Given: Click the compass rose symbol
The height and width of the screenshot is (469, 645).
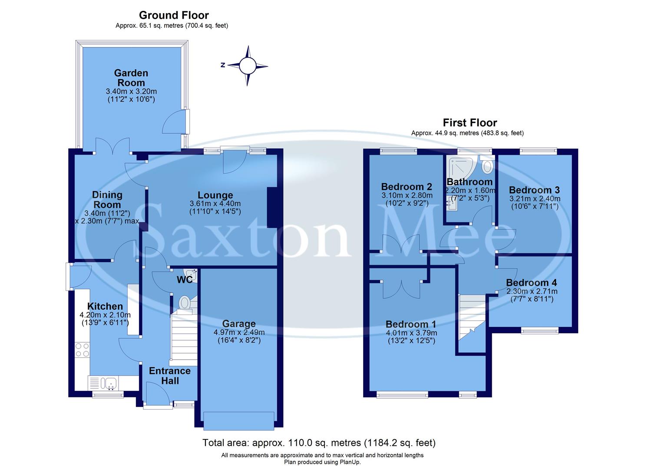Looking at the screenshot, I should tap(248, 66).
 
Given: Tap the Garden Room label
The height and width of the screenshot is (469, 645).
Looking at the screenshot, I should tap(131, 78).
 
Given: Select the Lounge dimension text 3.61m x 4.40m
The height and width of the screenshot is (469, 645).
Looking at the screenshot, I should tap(215, 204).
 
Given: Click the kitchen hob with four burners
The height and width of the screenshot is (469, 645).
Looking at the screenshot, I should tap(83, 350).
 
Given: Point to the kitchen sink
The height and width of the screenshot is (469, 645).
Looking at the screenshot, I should tap(109, 383).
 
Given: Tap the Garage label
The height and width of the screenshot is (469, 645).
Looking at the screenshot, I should tap(239, 324).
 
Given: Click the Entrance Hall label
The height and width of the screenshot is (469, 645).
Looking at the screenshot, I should tap(170, 376).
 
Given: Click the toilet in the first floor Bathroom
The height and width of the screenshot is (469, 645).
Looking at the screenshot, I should tap(487, 166).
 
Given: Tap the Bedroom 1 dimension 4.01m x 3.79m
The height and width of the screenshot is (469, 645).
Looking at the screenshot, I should tap(411, 333).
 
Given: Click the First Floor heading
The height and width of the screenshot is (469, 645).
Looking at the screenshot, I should tap(470, 122).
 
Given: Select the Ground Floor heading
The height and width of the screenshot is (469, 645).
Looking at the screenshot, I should tap(174, 16).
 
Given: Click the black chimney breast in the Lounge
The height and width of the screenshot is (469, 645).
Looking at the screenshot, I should tap(272, 207).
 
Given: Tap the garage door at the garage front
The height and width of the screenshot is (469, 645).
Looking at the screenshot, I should tap(239, 420).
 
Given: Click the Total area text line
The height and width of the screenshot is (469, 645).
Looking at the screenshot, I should tap(319, 443).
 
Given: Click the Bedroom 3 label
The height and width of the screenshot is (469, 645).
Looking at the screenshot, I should tap(534, 190).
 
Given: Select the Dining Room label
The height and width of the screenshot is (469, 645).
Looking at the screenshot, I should tap(107, 200).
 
